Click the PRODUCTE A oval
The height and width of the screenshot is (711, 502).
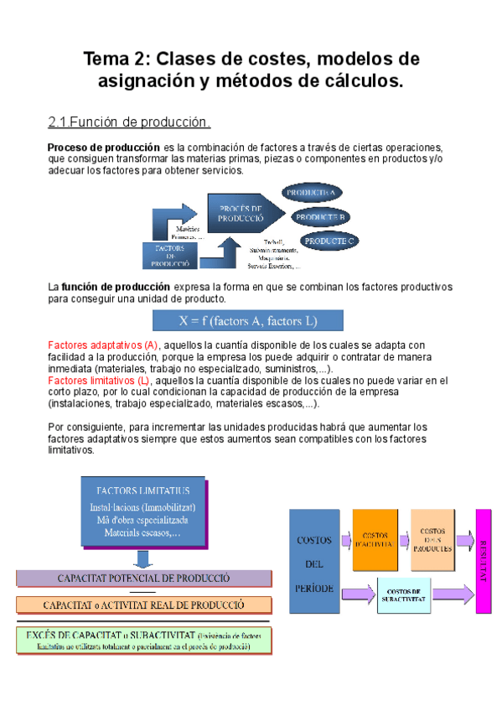coord(312,194)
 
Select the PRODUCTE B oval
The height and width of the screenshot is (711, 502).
coord(321,217)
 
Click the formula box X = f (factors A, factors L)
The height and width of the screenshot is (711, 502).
coord(246,320)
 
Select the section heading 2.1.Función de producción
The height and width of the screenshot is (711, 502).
coord(128,123)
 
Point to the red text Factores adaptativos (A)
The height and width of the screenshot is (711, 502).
coord(103,345)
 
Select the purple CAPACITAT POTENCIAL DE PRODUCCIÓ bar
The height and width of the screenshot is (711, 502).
coord(143,579)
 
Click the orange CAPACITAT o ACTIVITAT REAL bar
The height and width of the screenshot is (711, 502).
coord(143,604)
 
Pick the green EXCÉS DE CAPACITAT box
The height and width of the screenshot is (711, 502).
coord(143,641)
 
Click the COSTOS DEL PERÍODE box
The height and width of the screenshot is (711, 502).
coord(315,564)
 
